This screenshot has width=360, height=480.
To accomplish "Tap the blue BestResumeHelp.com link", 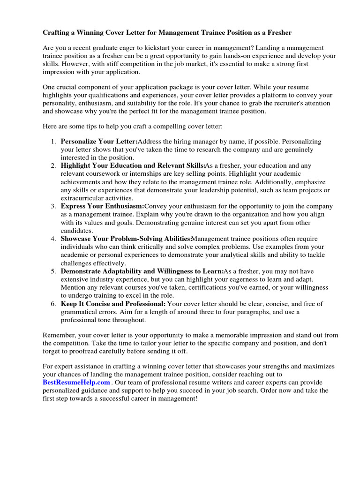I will pos(76,382).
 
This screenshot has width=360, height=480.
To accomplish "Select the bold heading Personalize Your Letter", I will pos(99,142).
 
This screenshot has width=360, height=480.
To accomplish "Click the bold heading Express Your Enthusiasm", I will pos(102,206).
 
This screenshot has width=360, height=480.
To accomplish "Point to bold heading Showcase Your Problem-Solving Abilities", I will pos(126,239).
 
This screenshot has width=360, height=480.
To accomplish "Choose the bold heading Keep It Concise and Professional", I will pos(113,304).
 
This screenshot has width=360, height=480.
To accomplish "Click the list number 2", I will pos(54,166).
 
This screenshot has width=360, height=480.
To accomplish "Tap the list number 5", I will pos(54,271).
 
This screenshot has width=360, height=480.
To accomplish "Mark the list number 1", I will pos(54,142).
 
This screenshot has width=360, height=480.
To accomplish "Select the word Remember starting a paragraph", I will pos(60,335).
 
